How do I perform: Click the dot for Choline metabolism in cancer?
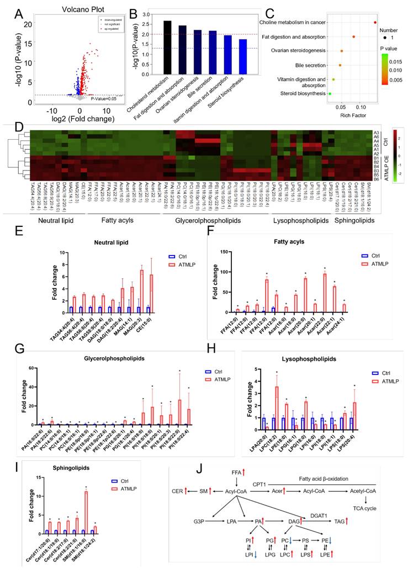(x=375, y=22)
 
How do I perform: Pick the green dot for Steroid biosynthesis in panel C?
(x=330, y=94)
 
